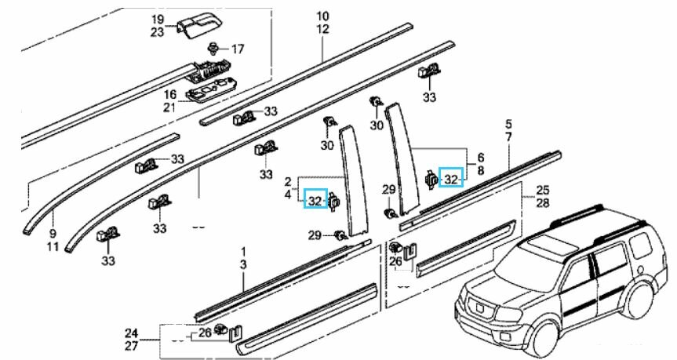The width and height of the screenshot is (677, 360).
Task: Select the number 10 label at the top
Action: click(322, 16)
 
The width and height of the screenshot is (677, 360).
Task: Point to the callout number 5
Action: click(508, 125)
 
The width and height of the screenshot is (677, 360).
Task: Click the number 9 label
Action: click(53, 233)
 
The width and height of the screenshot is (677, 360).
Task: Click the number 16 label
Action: click(169, 94)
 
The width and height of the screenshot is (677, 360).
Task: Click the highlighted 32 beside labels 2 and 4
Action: click(315, 202)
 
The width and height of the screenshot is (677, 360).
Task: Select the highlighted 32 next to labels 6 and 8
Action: click(450, 180)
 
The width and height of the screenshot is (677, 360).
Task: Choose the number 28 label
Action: click(541, 203)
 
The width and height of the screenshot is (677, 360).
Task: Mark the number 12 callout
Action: click(322, 29)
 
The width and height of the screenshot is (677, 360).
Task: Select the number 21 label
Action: click(169, 107)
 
